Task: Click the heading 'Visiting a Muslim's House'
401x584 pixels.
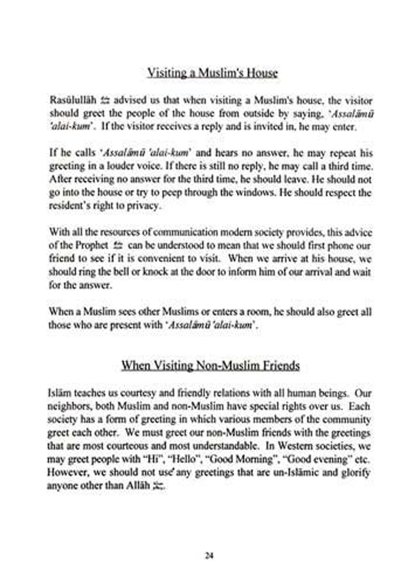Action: pos(212,73)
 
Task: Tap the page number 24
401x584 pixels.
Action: pos(209,556)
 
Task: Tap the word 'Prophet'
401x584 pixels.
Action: pos(90,245)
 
